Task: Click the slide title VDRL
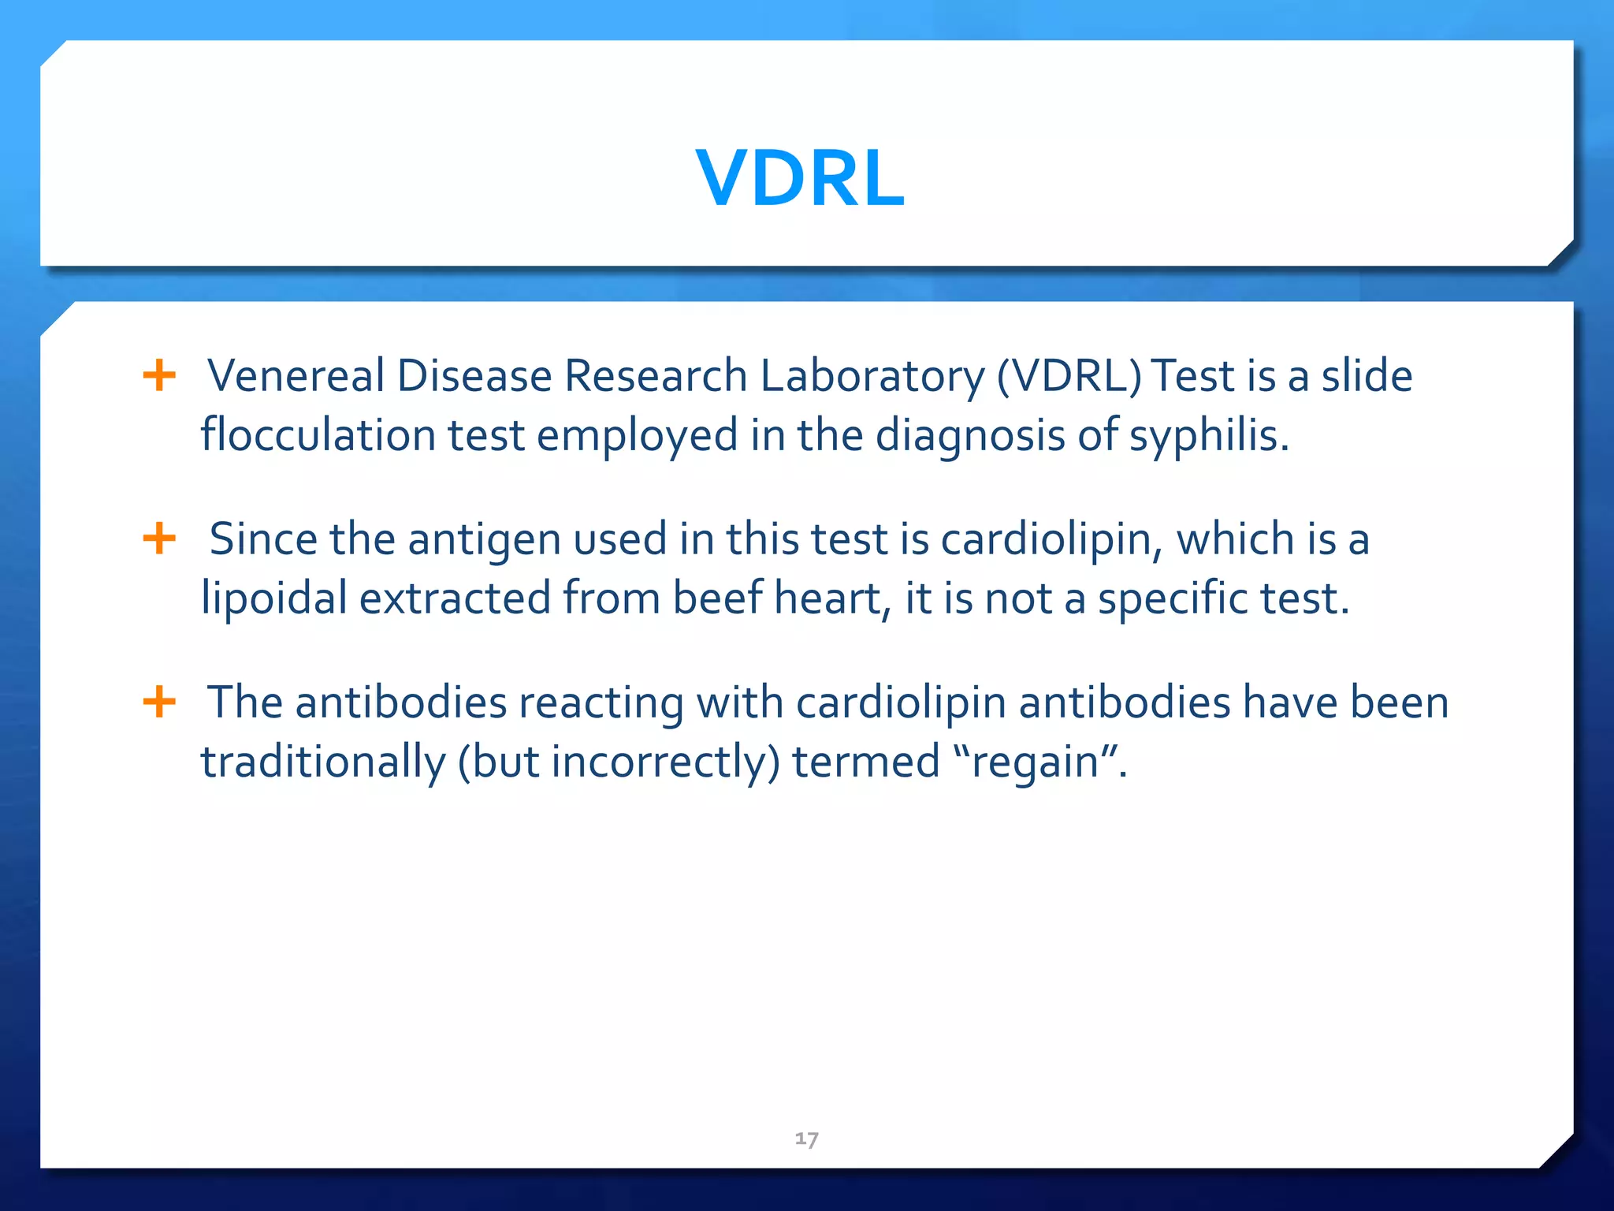[x=800, y=179]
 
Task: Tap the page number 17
[x=806, y=1138]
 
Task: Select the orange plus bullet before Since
[x=159, y=538]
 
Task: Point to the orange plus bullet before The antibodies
[x=159, y=701]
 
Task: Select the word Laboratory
[x=872, y=377]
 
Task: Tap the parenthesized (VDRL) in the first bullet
[x=1069, y=377]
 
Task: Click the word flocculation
[x=318, y=435]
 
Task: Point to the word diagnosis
[x=970, y=436]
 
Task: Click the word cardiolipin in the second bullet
[x=1052, y=540]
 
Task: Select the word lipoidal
[x=273, y=598]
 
